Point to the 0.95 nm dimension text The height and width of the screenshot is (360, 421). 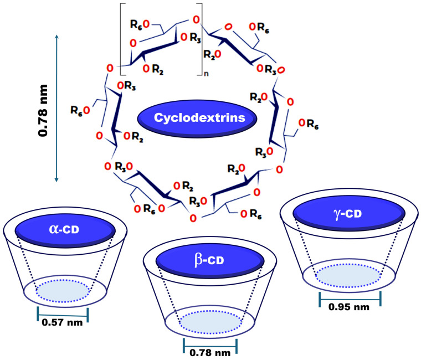click(350, 306)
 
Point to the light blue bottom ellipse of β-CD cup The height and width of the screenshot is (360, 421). click(209, 322)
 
